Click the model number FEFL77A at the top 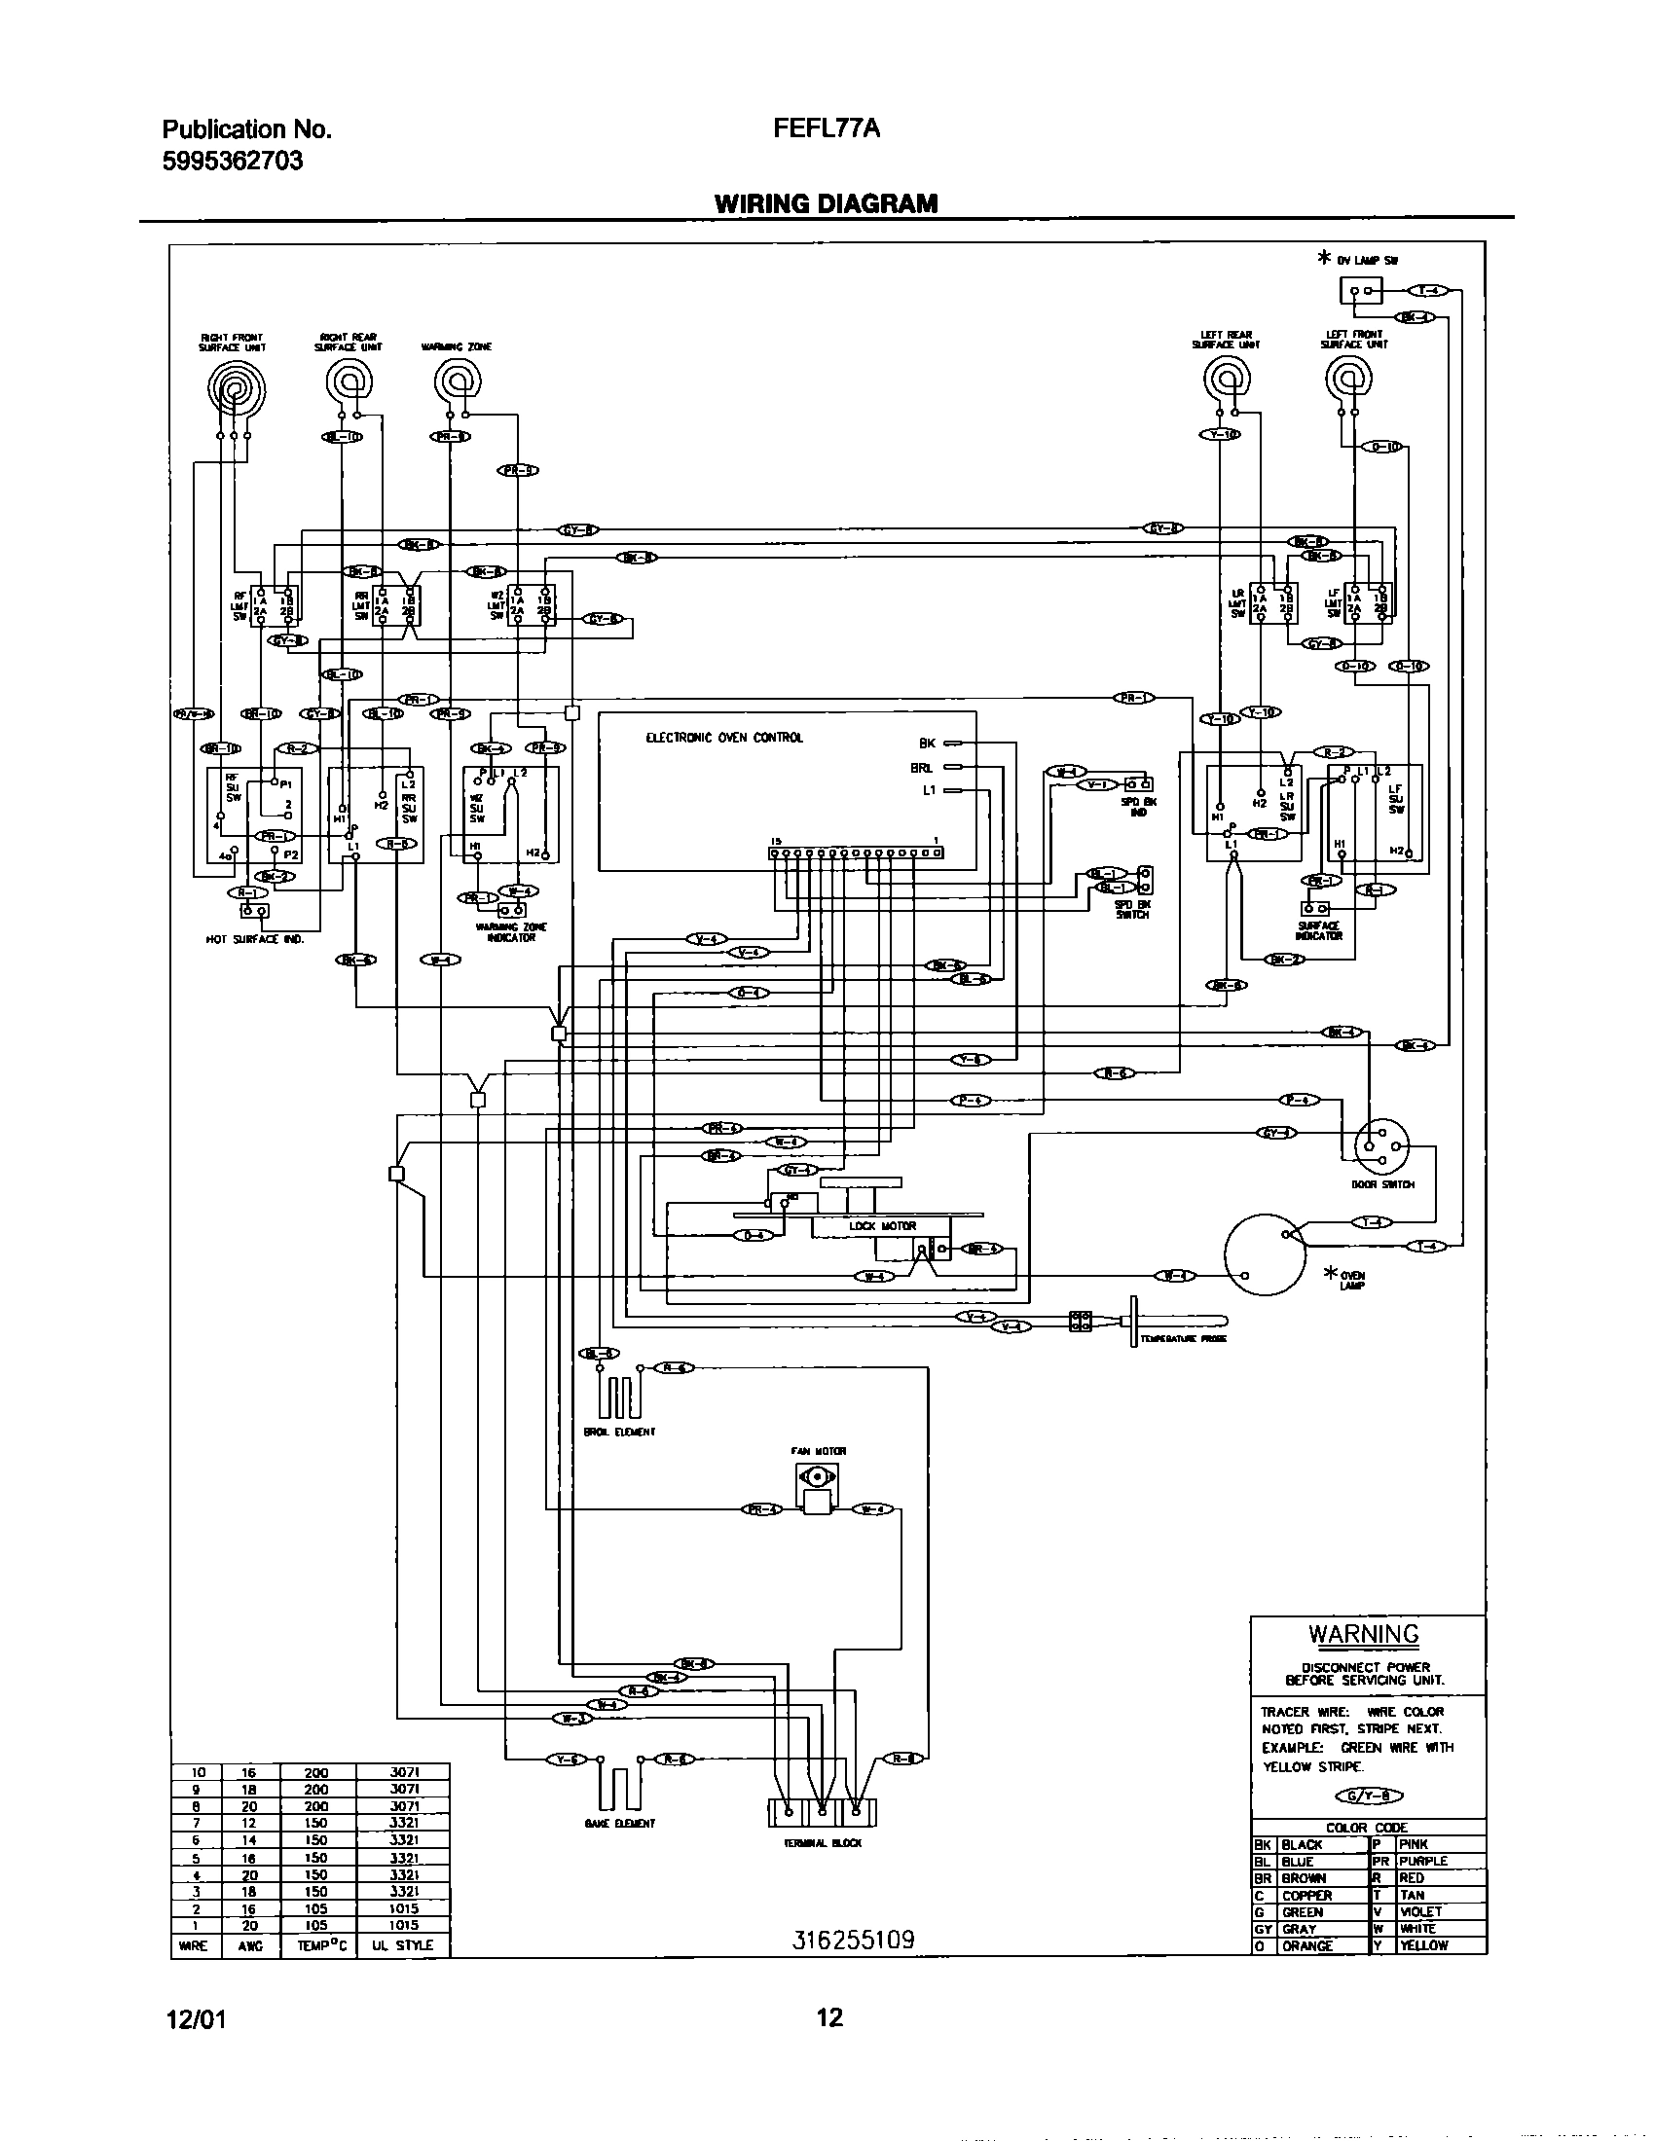(827, 128)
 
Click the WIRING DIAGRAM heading (826, 203)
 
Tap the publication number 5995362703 (233, 160)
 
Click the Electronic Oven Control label (723, 738)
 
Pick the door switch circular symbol (1380, 1144)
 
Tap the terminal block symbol (822, 1813)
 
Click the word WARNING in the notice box (1364, 1634)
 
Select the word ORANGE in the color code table (1306, 1946)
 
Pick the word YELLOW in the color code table (1424, 1946)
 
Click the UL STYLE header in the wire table (402, 1945)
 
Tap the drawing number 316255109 (853, 1940)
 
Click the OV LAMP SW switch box (1361, 291)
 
